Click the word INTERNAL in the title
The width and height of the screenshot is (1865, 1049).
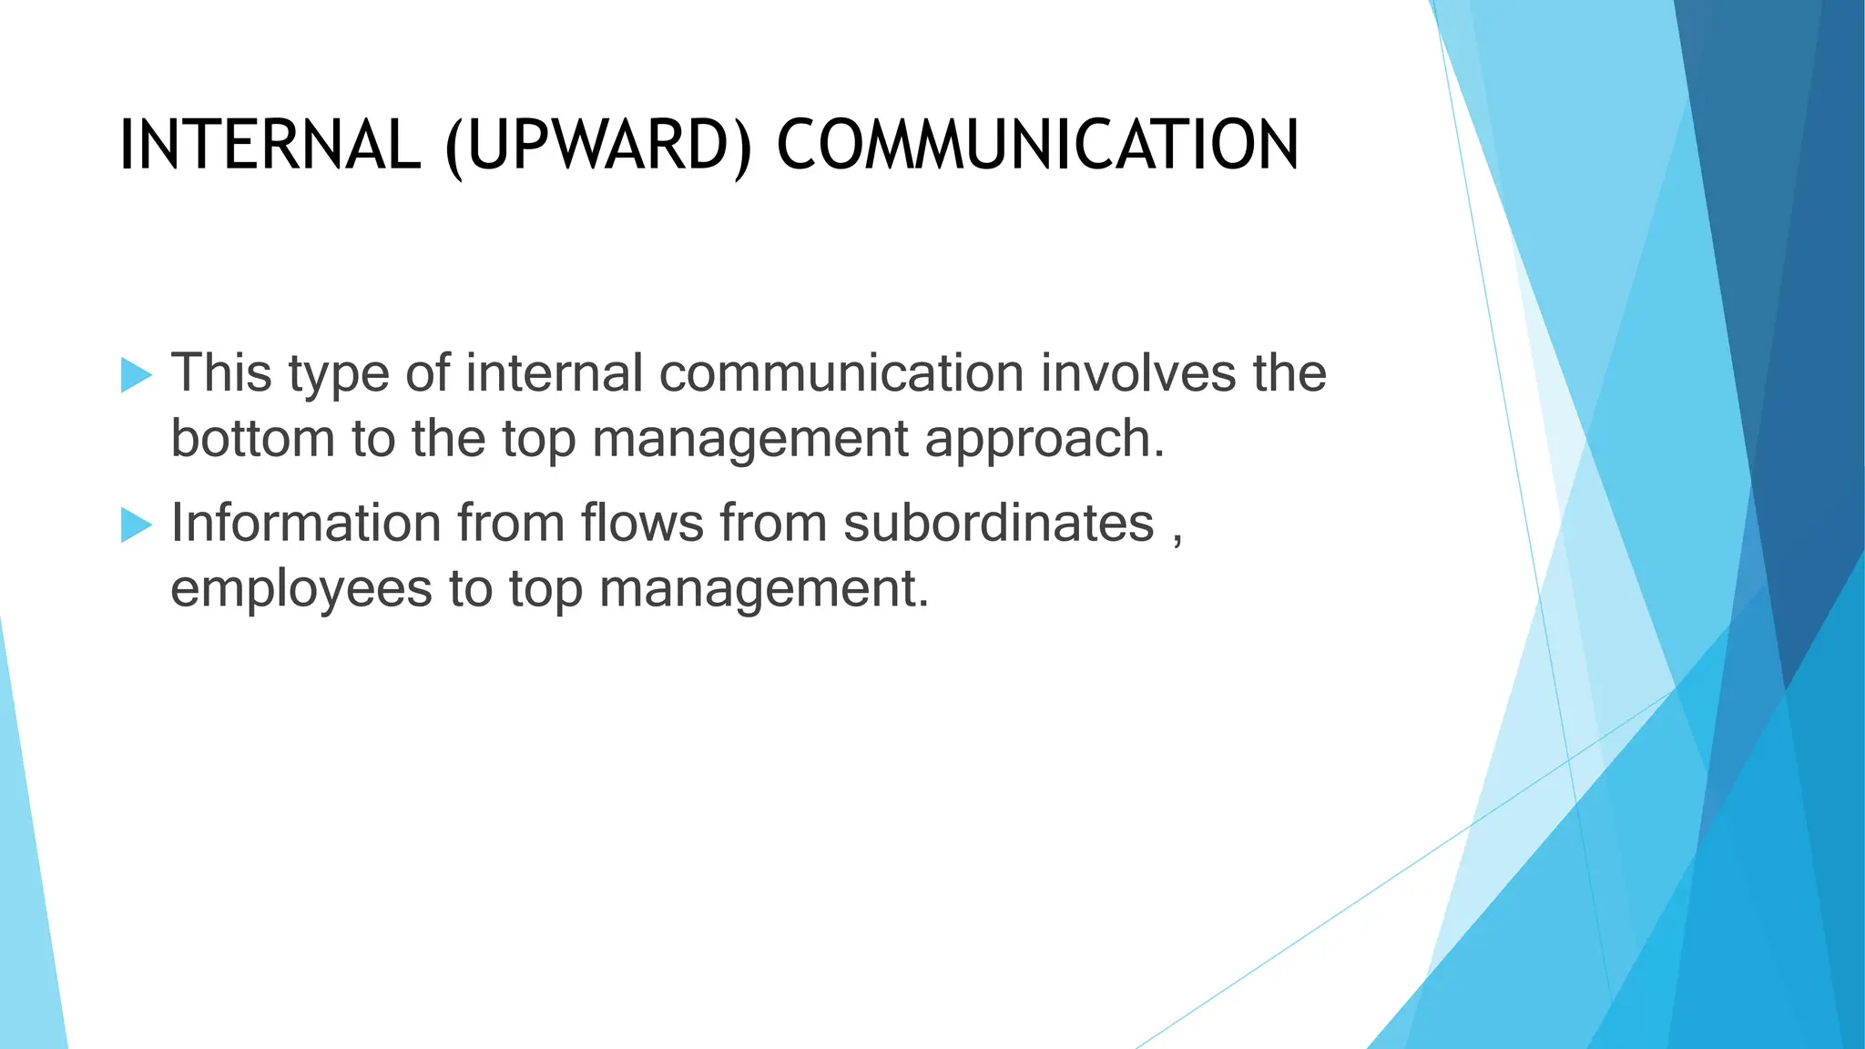270,146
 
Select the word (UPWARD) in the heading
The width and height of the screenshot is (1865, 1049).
598,147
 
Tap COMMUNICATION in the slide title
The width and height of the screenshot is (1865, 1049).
1037,146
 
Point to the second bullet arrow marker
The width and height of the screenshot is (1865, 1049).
136,524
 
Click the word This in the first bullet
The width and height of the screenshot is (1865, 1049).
221,373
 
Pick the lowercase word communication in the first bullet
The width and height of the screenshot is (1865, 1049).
841,373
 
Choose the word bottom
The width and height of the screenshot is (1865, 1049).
252,439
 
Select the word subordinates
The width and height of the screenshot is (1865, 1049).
998,524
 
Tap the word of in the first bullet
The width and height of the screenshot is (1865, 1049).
427,373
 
